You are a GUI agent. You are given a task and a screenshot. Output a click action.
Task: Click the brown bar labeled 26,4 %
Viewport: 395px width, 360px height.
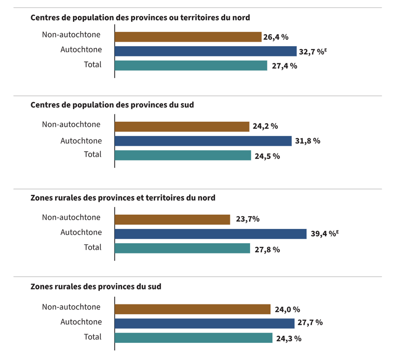(x=188, y=37)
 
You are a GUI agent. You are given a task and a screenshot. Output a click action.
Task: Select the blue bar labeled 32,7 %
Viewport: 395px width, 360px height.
(x=205, y=51)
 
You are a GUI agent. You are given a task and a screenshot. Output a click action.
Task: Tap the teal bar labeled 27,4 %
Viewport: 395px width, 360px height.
(x=191, y=66)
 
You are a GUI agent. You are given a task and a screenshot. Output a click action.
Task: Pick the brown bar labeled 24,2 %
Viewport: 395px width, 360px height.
(x=182, y=127)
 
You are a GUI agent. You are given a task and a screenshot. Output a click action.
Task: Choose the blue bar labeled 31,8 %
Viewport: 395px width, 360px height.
(x=203, y=141)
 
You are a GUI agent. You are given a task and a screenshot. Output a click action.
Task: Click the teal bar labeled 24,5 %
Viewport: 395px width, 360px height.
(x=183, y=155)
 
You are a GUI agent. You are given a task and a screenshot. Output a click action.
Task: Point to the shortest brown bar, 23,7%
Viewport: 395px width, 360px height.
(x=172, y=219)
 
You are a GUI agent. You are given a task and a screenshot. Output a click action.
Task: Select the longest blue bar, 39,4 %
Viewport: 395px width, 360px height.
(x=210, y=234)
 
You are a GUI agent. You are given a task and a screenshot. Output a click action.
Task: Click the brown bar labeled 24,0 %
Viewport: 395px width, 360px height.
(x=192, y=309)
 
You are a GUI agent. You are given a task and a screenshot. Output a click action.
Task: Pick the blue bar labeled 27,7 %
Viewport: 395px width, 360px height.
(x=204, y=323)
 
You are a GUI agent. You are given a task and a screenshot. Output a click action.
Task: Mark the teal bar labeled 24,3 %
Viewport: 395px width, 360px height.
(x=194, y=338)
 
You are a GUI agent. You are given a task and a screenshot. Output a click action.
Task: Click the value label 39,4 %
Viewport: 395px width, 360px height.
(x=325, y=234)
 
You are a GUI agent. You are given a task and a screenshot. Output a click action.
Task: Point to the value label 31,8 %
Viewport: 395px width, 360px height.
(x=308, y=141)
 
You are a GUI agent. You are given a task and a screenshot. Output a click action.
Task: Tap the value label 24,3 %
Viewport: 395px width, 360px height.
(x=289, y=339)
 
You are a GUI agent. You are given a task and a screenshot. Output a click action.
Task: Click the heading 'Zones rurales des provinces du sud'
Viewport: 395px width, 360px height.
(x=96, y=287)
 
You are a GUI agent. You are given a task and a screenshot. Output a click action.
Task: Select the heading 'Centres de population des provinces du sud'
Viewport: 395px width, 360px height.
(x=112, y=105)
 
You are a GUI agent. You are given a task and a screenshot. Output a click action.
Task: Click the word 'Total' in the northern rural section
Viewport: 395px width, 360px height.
(x=93, y=247)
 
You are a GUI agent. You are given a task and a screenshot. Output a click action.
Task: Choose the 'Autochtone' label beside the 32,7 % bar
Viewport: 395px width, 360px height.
(x=81, y=50)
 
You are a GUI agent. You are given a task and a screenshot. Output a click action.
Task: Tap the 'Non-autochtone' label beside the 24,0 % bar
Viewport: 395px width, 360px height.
(x=71, y=307)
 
